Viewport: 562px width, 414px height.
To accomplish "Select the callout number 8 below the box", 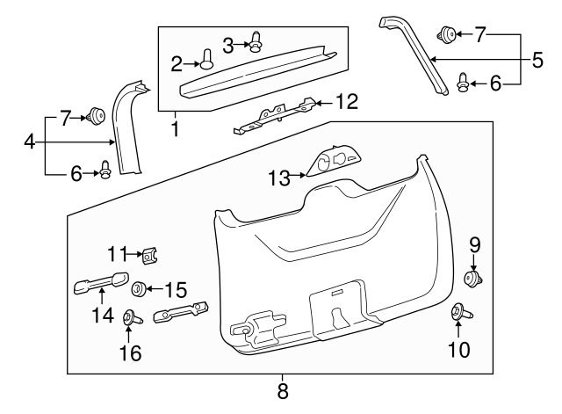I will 283,388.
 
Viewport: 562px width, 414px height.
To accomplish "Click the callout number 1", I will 174,128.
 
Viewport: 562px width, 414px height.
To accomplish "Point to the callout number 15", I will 176,288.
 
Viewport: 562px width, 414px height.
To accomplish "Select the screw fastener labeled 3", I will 256,40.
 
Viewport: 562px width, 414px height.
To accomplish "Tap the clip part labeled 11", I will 151,256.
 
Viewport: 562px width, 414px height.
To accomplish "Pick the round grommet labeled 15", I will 139,288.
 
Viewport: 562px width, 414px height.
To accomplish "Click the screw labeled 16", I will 129,318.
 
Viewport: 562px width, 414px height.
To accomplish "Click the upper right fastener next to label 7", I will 447,35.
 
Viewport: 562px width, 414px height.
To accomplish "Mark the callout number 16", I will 130,353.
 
